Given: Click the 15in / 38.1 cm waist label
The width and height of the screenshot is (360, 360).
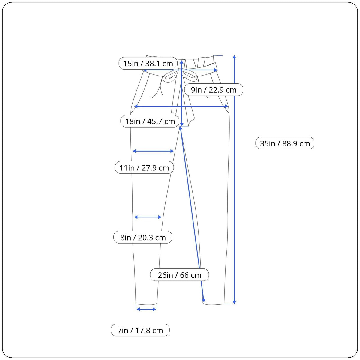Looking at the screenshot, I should (148, 64).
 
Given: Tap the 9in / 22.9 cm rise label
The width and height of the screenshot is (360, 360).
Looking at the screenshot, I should (214, 90).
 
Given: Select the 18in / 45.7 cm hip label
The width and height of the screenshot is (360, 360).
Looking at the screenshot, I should (150, 121).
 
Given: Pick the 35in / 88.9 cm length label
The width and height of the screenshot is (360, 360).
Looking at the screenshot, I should (285, 143).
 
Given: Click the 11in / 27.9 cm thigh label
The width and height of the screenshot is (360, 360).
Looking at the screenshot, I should (144, 168).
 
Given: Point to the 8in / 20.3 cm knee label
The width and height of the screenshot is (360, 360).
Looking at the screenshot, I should (143, 238).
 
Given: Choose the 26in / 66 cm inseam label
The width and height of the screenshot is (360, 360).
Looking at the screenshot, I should (179, 275).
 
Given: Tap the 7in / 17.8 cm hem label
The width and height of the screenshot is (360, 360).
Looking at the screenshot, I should (140, 330).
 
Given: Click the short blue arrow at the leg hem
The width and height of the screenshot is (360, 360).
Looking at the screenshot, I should (146, 309).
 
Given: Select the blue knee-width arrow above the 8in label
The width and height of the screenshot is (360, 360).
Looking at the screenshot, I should (148, 217).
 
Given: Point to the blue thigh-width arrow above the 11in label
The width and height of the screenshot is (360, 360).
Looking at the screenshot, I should (153, 151).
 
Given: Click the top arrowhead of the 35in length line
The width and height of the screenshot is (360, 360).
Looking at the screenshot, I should (234, 57).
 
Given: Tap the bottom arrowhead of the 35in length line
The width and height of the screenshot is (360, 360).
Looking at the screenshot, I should (234, 302).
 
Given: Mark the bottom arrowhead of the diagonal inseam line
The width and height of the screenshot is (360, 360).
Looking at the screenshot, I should (204, 300).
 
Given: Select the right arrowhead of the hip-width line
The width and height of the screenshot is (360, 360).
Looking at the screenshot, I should (226, 106).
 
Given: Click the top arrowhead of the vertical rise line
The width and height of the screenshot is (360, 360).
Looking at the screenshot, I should (182, 62).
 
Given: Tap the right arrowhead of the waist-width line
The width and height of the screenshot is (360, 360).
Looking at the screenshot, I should (216, 70).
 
